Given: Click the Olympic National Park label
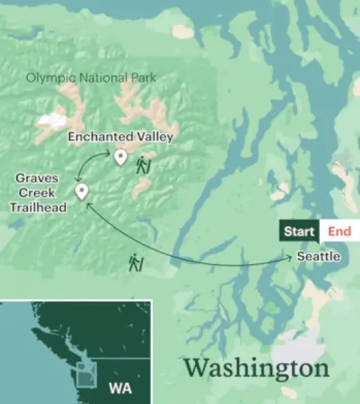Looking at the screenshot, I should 90,77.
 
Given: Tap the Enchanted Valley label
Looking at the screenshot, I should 121,137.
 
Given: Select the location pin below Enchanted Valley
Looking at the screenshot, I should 120,158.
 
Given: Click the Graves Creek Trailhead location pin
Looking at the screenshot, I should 82,191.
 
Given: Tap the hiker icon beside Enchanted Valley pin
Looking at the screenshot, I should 143,165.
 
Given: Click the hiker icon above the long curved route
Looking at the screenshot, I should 136,261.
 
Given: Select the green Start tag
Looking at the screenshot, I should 299,232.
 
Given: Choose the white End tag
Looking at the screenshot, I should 339,232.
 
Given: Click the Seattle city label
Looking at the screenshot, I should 319,257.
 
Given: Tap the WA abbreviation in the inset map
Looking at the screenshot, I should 120,389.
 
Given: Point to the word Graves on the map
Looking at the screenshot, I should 37,179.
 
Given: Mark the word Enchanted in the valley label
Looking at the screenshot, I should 101,137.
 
